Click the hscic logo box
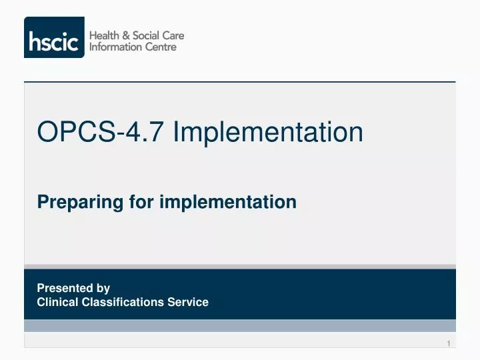coord(54,37)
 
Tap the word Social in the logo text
coord(147,35)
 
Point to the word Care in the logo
coord(173,35)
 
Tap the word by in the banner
coord(103,289)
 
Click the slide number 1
coord(449,343)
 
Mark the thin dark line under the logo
coord(240,81)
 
